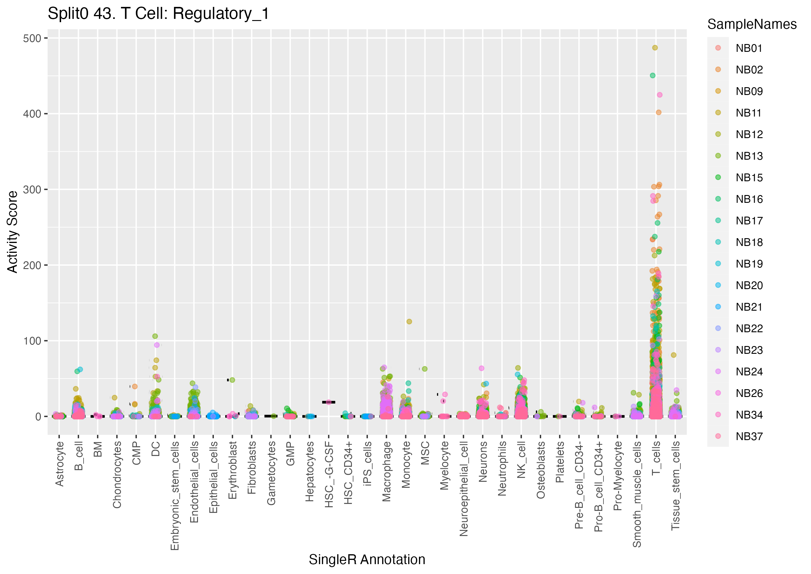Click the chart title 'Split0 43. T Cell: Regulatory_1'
click(x=158, y=14)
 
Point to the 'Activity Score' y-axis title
click(x=13, y=232)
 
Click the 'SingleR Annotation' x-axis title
click(x=367, y=560)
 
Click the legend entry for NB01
click(x=749, y=48)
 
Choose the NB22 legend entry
click(x=749, y=328)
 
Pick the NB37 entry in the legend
click(x=749, y=436)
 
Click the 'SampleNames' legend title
click(x=752, y=24)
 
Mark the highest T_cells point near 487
click(x=655, y=48)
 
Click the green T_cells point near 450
click(x=652, y=75)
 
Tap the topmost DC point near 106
click(x=155, y=336)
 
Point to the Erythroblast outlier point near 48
click(x=232, y=380)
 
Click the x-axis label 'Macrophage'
click(x=386, y=471)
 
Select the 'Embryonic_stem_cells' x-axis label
click(x=175, y=495)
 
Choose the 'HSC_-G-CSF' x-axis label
click(x=329, y=474)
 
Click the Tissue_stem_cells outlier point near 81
click(x=674, y=355)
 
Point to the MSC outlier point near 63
click(x=425, y=369)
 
